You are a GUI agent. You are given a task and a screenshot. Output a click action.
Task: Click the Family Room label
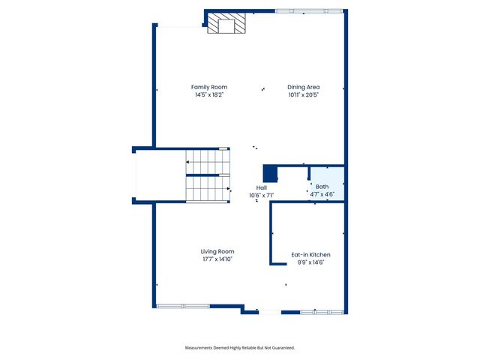point(208,87)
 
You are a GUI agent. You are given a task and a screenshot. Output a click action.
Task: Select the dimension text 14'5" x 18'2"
point(208,95)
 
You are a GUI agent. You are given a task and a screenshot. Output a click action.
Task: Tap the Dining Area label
point(304,87)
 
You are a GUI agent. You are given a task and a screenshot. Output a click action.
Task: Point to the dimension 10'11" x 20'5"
point(304,95)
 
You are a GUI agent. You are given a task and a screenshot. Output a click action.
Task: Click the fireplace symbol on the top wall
point(226,23)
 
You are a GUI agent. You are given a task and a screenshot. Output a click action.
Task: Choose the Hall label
point(262,187)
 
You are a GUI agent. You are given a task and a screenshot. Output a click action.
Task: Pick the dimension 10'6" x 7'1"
point(262,196)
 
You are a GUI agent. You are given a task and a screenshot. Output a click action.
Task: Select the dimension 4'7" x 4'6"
point(322,194)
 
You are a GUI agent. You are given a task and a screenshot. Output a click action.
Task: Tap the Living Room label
point(217,251)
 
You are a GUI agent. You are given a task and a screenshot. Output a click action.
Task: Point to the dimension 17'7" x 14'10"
point(217,259)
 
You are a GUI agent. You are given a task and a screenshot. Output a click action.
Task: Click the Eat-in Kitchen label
point(310,255)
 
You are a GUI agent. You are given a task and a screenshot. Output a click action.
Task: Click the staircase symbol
point(208,175)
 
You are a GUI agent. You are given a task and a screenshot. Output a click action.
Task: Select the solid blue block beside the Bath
point(270,174)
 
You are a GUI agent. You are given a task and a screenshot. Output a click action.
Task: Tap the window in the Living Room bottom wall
point(183,305)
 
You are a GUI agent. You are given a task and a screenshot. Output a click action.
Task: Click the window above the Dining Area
point(309,11)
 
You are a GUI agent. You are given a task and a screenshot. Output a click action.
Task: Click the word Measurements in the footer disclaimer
point(202,348)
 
